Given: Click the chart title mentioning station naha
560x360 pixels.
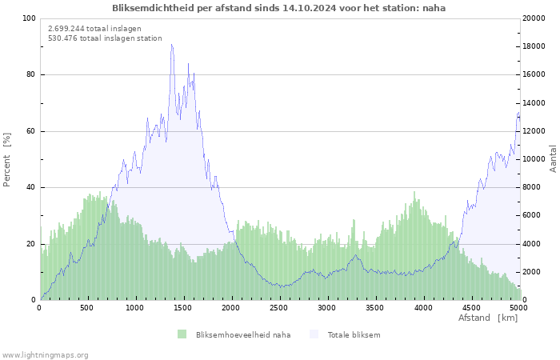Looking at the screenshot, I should (x=279, y=8).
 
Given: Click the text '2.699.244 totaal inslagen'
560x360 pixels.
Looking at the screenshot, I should (x=94, y=28).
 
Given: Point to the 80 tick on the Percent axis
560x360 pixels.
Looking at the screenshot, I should (x=30, y=75).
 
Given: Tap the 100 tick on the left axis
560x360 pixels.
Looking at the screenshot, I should (x=29, y=18).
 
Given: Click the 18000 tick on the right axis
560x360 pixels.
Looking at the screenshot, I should (x=534, y=46).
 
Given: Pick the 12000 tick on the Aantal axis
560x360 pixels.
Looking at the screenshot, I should (x=534, y=131).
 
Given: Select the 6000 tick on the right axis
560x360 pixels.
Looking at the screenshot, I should (x=532, y=216).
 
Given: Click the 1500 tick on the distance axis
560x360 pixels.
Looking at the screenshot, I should (x=183, y=308).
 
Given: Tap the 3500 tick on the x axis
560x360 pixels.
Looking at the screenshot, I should (x=374, y=308).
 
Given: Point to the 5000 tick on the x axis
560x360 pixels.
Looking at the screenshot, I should (x=518, y=308).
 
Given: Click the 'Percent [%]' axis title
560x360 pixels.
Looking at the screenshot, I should (x=7, y=159).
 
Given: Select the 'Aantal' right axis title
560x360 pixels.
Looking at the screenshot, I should (x=554, y=159).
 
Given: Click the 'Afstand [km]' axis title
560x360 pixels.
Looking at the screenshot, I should (x=488, y=318).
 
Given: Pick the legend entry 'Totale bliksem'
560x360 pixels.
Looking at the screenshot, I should (x=354, y=334).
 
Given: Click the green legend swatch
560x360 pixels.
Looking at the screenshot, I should (x=182, y=334).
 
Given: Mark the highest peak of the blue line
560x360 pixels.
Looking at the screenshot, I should (x=171, y=45).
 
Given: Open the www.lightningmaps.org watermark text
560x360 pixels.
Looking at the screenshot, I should (x=45, y=354).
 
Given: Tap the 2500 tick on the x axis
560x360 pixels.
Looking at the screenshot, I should (x=279, y=308).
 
